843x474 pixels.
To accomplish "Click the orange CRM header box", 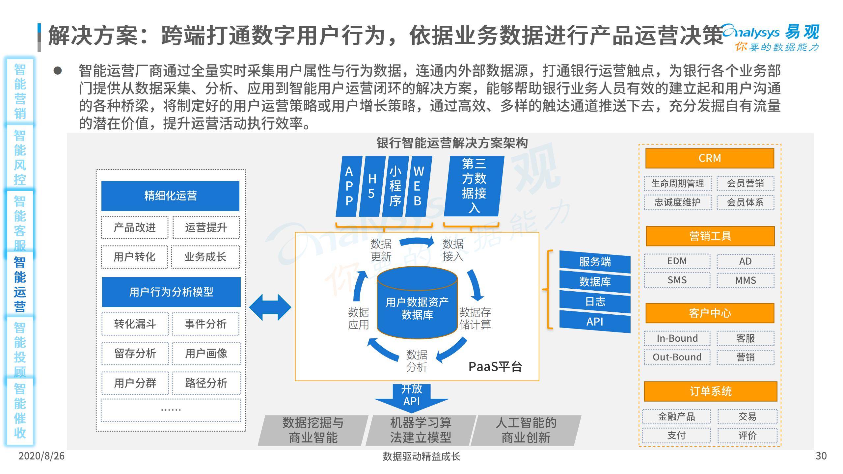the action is (710, 158).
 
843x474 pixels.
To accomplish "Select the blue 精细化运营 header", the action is (170, 196).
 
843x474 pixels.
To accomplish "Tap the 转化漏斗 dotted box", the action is (135, 324).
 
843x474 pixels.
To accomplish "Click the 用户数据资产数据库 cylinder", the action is (417, 303).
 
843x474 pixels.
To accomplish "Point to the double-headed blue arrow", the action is (270, 307).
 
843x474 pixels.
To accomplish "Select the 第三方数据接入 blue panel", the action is (474, 186).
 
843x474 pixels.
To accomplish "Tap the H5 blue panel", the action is (372, 186).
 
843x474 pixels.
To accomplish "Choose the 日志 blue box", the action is (595, 302).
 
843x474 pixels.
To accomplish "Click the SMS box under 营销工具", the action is (677, 280).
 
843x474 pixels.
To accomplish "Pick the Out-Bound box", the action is (677, 357).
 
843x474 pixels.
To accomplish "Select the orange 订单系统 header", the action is (711, 391).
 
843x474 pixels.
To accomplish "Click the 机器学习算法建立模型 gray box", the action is (421, 430).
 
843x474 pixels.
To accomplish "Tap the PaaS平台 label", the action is (495, 367).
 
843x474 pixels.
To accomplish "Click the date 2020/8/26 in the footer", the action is (41, 456).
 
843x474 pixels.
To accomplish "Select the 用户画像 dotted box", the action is (206, 354).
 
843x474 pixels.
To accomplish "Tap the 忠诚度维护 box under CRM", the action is (677, 202).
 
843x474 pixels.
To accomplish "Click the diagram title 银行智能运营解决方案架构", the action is (452, 143).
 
